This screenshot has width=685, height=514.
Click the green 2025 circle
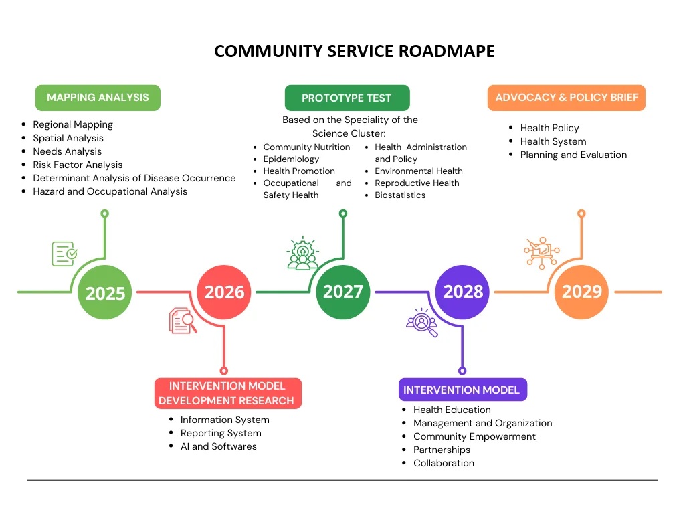tap(105, 292)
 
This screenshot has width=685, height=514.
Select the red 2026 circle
tap(224, 292)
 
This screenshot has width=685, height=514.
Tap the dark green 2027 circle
tap(343, 292)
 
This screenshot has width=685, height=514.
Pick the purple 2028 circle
tap(463, 292)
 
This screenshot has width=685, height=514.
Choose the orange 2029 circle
tap(581, 292)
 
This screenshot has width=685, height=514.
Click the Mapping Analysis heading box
tap(98, 98)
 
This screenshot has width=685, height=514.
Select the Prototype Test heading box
tap(347, 98)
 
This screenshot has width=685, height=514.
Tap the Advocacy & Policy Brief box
tap(566, 98)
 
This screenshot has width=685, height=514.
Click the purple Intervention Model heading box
tap(461, 390)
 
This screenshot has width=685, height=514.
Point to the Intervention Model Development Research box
tap(227, 394)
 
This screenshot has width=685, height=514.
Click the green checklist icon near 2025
tap(64, 254)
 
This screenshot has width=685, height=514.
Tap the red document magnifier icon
tap(183, 320)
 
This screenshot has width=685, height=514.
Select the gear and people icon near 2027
tap(302, 254)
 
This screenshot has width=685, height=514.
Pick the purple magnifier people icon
tap(422, 322)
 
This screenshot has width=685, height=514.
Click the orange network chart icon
tap(541, 253)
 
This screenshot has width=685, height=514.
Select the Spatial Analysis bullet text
tap(68, 138)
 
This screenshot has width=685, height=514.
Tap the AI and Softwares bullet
tap(218, 446)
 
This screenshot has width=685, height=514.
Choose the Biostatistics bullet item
tap(400, 195)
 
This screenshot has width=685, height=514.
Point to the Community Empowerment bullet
tap(474, 436)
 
